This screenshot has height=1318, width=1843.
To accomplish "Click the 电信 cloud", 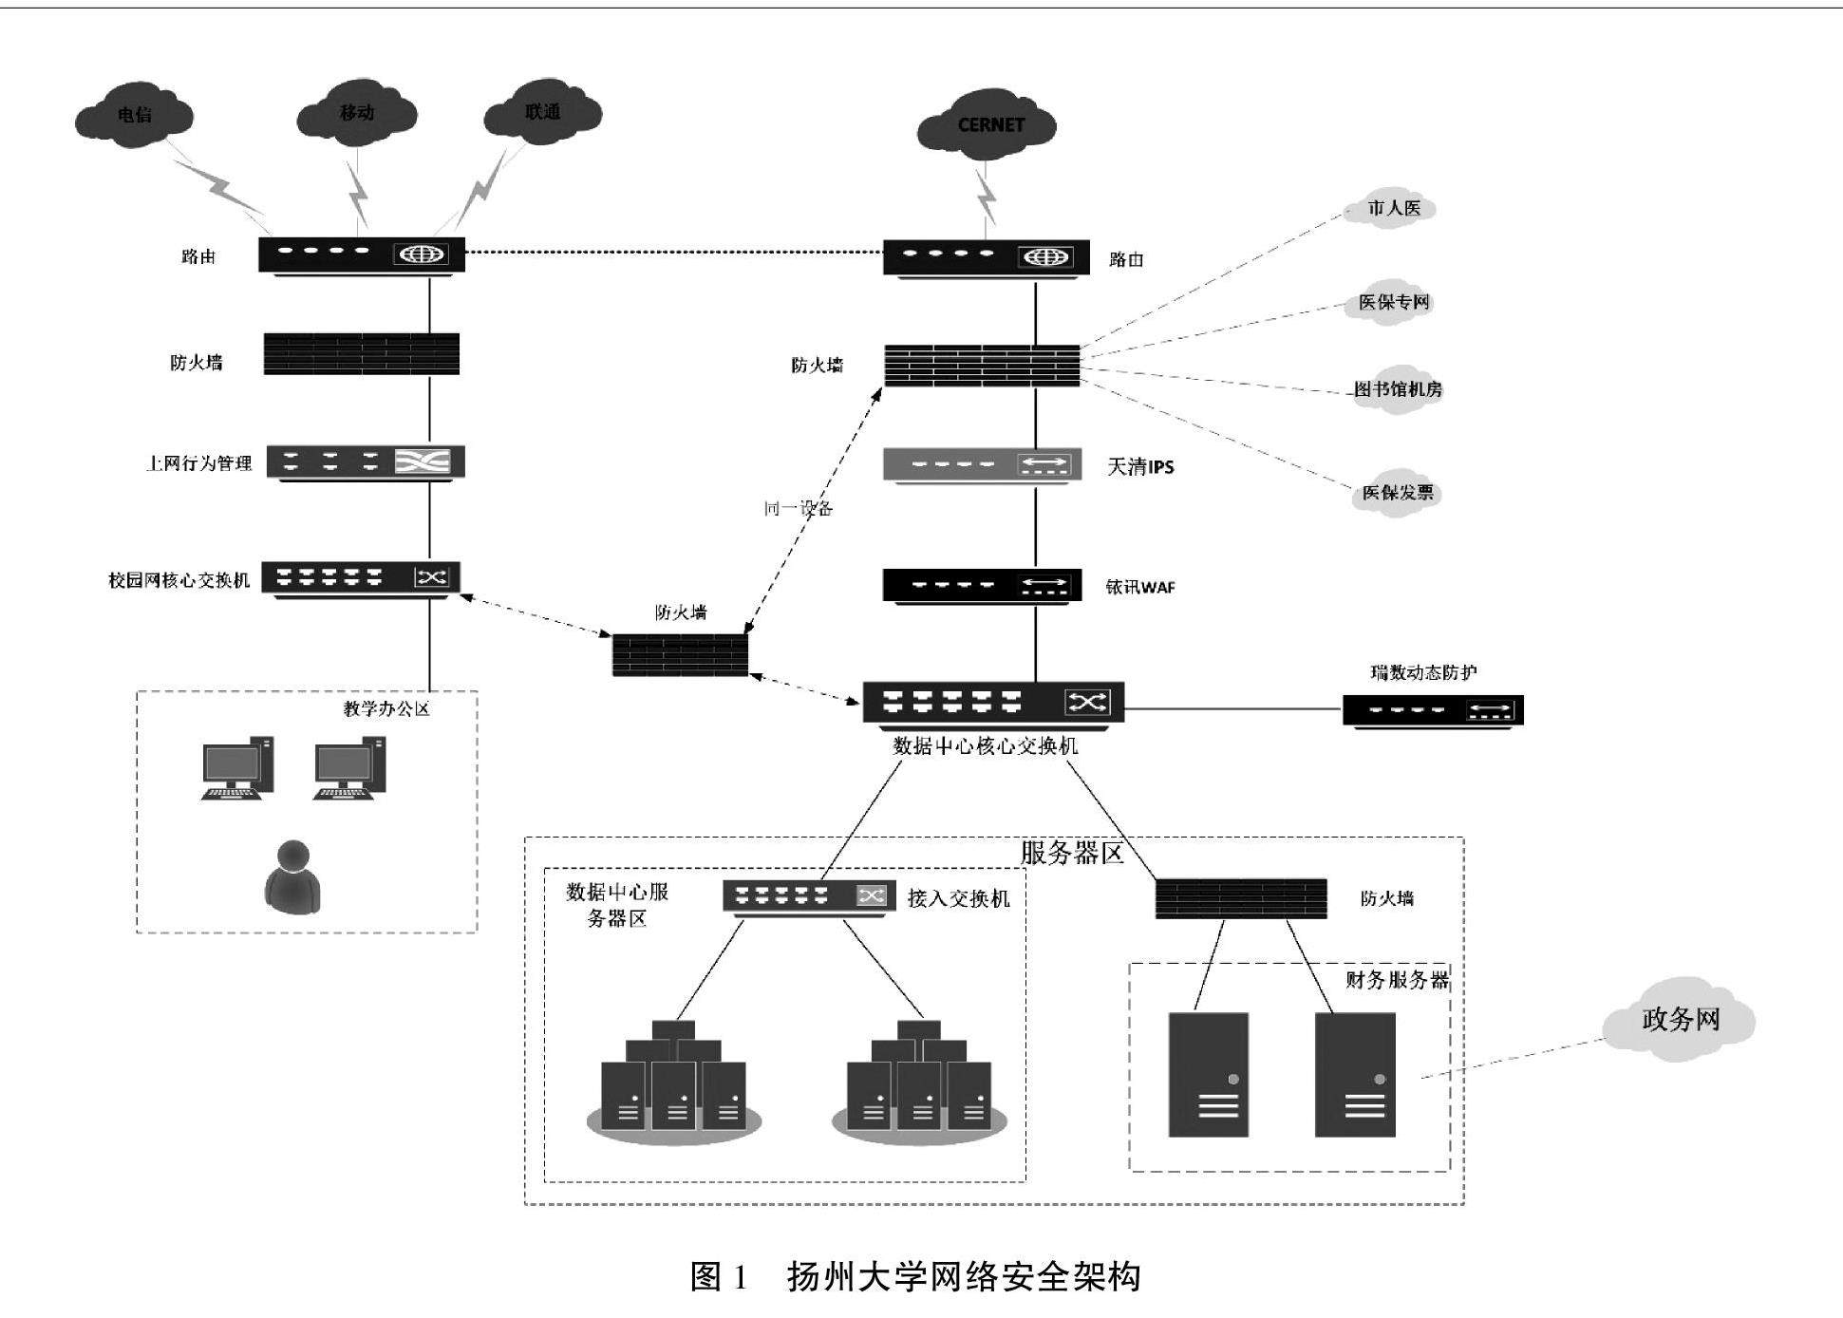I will click(x=134, y=116).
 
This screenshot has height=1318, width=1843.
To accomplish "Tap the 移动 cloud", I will click(x=357, y=113).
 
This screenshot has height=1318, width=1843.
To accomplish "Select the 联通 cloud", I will click(x=542, y=112).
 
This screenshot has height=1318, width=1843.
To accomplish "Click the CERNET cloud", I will click(x=987, y=125).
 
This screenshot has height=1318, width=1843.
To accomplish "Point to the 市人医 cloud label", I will click(x=1393, y=208).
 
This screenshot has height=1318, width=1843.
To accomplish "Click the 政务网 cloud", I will click(x=1680, y=1019).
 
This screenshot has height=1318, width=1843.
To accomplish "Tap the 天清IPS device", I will click(x=982, y=464).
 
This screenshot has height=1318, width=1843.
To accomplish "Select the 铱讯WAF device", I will click(x=982, y=585).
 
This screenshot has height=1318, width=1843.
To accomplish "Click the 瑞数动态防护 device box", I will click(x=1432, y=710).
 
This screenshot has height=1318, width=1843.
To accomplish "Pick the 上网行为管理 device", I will click(x=366, y=462).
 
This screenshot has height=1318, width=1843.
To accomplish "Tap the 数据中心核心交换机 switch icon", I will click(x=993, y=703).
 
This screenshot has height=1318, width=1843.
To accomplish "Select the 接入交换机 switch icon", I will click(x=809, y=895).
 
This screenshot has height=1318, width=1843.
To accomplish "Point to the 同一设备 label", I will click(x=799, y=509).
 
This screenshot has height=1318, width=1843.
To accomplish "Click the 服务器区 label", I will click(x=1071, y=853).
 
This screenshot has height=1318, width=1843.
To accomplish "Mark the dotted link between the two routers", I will click(x=674, y=253).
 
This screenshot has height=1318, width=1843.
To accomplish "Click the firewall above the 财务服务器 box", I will click(x=1240, y=898).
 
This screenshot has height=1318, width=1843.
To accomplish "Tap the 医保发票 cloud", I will click(x=1397, y=493).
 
